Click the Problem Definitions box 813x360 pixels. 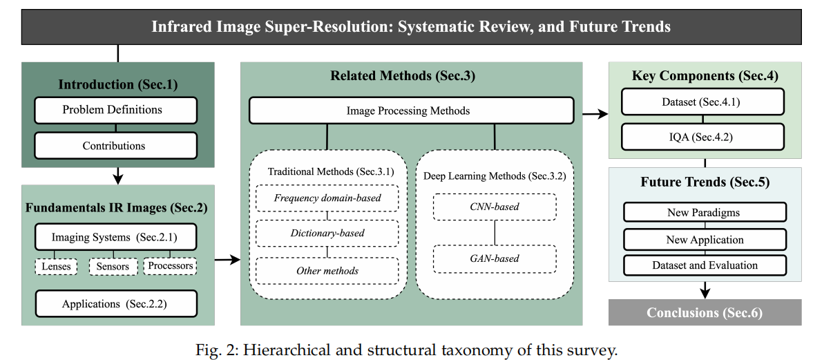tap(115, 110)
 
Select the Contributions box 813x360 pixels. tap(115, 146)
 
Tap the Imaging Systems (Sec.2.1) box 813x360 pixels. tap(115, 238)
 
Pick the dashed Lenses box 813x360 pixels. tap(57, 267)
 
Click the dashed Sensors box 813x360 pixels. tap(113, 267)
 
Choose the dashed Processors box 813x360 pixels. tap(171, 266)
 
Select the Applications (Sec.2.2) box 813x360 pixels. tap(115, 304)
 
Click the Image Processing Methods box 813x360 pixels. tap(411, 111)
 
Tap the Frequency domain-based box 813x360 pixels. tap(327, 198)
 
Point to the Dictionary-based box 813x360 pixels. tap(327, 233)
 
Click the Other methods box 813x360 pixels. tap(327, 270)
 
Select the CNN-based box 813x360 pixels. tap(495, 207)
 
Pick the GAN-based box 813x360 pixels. tap(495, 259)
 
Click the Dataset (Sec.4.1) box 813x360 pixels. tap(702, 102)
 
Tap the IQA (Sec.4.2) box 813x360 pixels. tap(702, 137)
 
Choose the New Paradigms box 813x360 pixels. tap(705, 213)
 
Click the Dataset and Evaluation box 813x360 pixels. tap(705, 265)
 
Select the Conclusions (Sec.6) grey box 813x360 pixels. tap(705, 312)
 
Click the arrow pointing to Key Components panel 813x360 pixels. tap(595, 113)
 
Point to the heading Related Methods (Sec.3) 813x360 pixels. tap(402, 76)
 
